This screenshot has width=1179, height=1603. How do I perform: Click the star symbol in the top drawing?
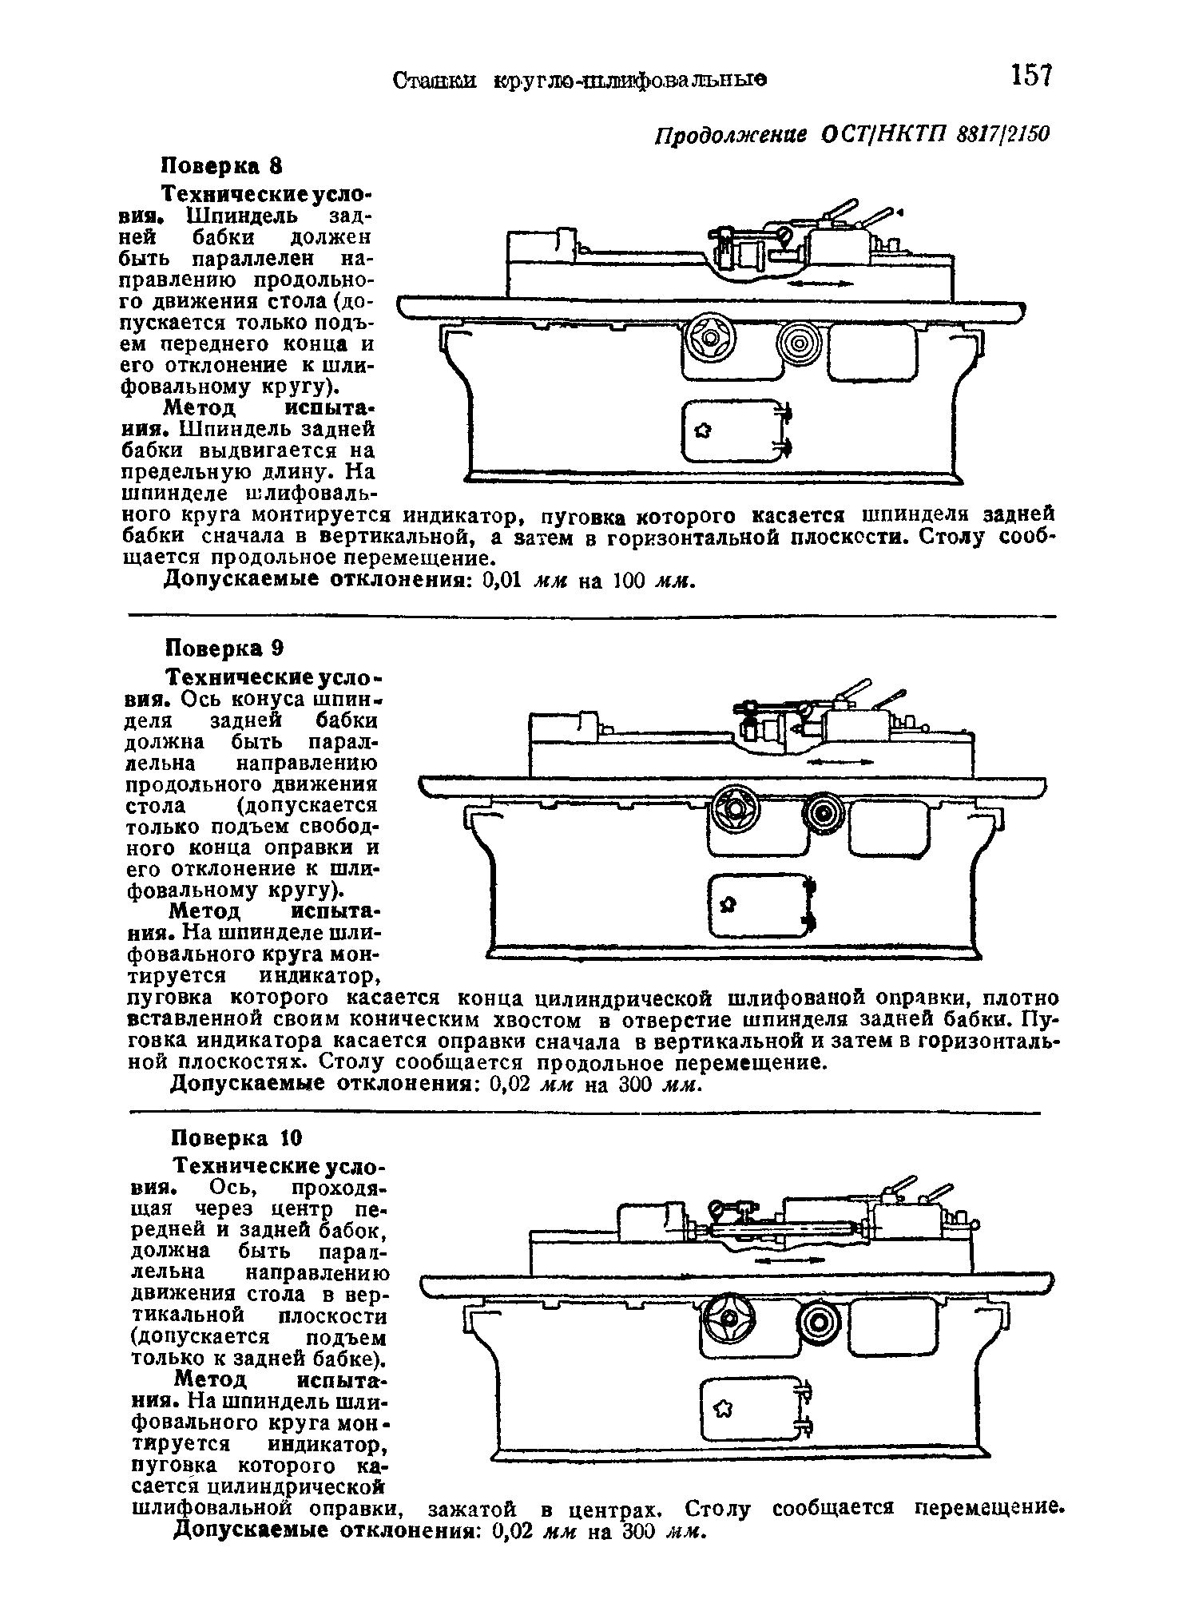(703, 432)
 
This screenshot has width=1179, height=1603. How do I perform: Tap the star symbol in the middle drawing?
(728, 904)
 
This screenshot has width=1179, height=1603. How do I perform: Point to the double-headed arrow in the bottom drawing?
(788, 1260)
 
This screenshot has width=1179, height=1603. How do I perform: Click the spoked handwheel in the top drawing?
(709, 339)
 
